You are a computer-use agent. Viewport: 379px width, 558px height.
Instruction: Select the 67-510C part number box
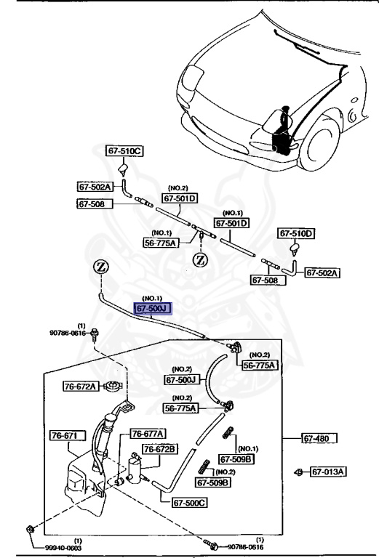(x=126, y=151)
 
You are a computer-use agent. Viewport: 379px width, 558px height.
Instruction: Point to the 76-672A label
(x=79, y=387)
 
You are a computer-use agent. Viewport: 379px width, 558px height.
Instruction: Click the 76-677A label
(x=148, y=433)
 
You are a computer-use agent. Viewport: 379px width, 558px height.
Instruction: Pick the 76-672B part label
(x=159, y=450)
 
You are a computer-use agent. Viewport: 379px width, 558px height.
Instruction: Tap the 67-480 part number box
(x=320, y=438)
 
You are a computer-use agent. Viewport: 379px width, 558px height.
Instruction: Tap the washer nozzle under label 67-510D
(x=295, y=251)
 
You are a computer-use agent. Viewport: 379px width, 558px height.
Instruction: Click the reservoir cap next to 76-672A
(x=111, y=386)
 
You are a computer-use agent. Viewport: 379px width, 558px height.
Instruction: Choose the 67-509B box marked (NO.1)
(x=239, y=459)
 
